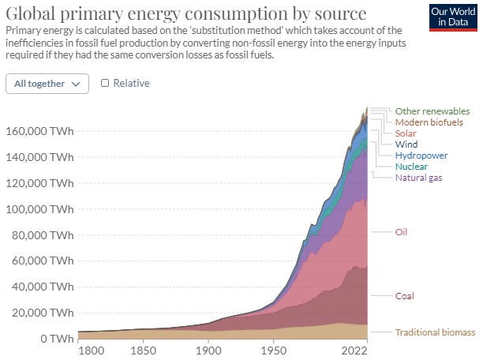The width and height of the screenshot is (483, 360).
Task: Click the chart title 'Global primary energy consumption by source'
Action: (x=185, y=14)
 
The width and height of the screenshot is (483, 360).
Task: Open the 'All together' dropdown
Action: (x=47, y=83)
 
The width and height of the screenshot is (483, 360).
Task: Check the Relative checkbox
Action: (x=105, y=83)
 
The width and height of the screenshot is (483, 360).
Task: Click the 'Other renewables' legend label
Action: (x=432, y=111)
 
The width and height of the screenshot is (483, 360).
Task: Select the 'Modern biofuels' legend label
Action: (x=429, y=122)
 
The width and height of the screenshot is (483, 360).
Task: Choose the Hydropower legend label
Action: (x=421, y=156)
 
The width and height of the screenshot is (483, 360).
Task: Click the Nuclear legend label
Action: (x=411, y=167)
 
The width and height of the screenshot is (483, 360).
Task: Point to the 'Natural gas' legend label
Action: (x=418, y=178)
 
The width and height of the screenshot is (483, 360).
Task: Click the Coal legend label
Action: (x=405, y=296)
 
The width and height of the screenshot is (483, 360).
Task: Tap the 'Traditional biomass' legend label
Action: (x=435, y=332)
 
